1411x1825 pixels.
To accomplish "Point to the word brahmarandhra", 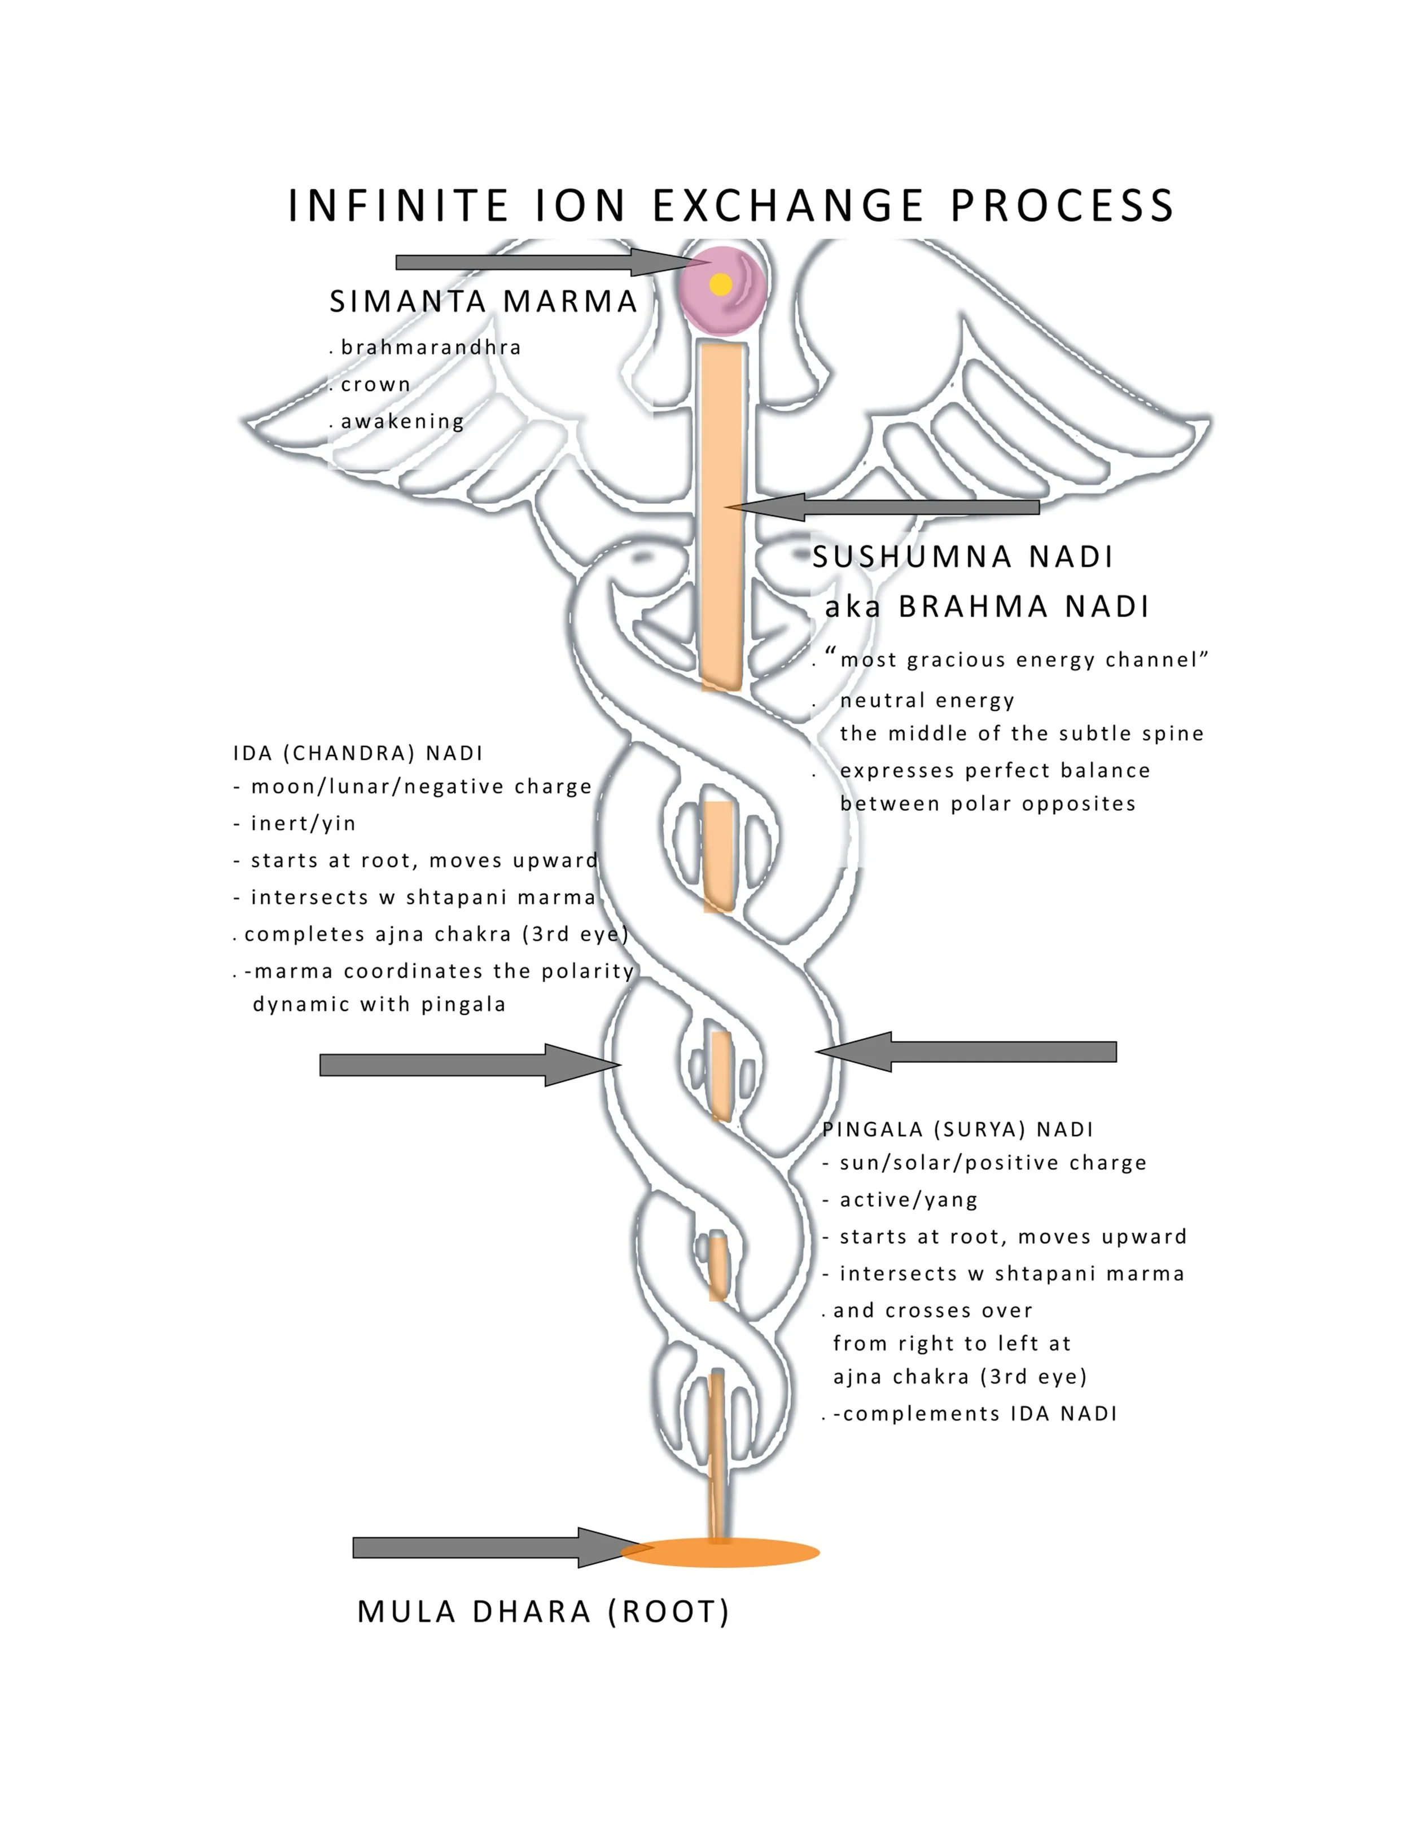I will pos(431,348).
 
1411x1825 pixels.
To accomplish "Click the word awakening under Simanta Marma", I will pos(402,421).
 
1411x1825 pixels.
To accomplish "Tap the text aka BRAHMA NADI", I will pos(987,606).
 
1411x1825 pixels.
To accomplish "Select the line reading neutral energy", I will pos(927,700).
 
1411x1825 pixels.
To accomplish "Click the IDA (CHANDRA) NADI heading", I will pos(358,754).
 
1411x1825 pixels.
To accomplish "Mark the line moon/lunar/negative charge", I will pos(421,787).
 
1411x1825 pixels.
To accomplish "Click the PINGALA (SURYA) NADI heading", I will pos(958,1130).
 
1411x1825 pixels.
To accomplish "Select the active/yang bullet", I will pos(909,1200).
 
